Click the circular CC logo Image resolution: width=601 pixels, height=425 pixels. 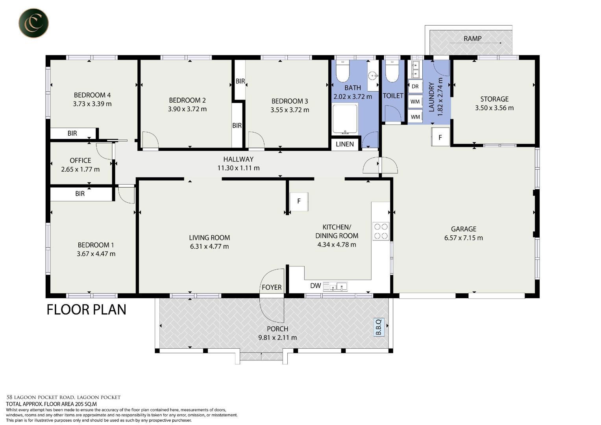click(x=33, y=23)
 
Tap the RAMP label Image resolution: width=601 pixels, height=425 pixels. click(x=472, y=39)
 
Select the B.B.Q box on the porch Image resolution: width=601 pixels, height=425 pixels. click(x=379, y=327)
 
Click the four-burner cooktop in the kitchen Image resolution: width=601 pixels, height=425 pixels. click(x=381, y=231)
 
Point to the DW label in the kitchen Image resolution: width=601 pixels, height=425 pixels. click(x=316, y=286)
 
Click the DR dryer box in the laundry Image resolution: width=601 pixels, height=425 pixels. click(x=415, y=87)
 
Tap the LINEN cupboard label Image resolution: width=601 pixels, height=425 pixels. click(x=345, y=144)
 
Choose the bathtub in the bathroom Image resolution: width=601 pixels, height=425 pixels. click(x=345, y=119)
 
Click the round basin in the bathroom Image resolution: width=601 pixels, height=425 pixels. click(x=372, y=76)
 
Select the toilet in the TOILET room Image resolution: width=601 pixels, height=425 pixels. click(x=392, y=71)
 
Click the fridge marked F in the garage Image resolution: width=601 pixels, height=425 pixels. click(x=440, y=137)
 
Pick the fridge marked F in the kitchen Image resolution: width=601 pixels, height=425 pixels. click(x=299, y=201)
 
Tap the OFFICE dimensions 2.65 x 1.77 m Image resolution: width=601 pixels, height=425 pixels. click(x=80, y=170)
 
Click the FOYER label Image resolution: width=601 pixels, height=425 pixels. click(x=272, y=287)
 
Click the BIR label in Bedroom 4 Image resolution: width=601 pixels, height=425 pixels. click(x=72, y=133)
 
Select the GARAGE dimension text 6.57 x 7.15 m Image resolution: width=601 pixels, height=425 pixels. click(x=463, y=238)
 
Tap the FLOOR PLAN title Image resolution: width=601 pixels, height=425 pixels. click(x=87, y=310)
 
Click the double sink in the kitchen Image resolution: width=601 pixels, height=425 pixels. click(x=335, y=286)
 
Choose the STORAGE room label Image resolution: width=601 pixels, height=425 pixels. click(x=494, y=99)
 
